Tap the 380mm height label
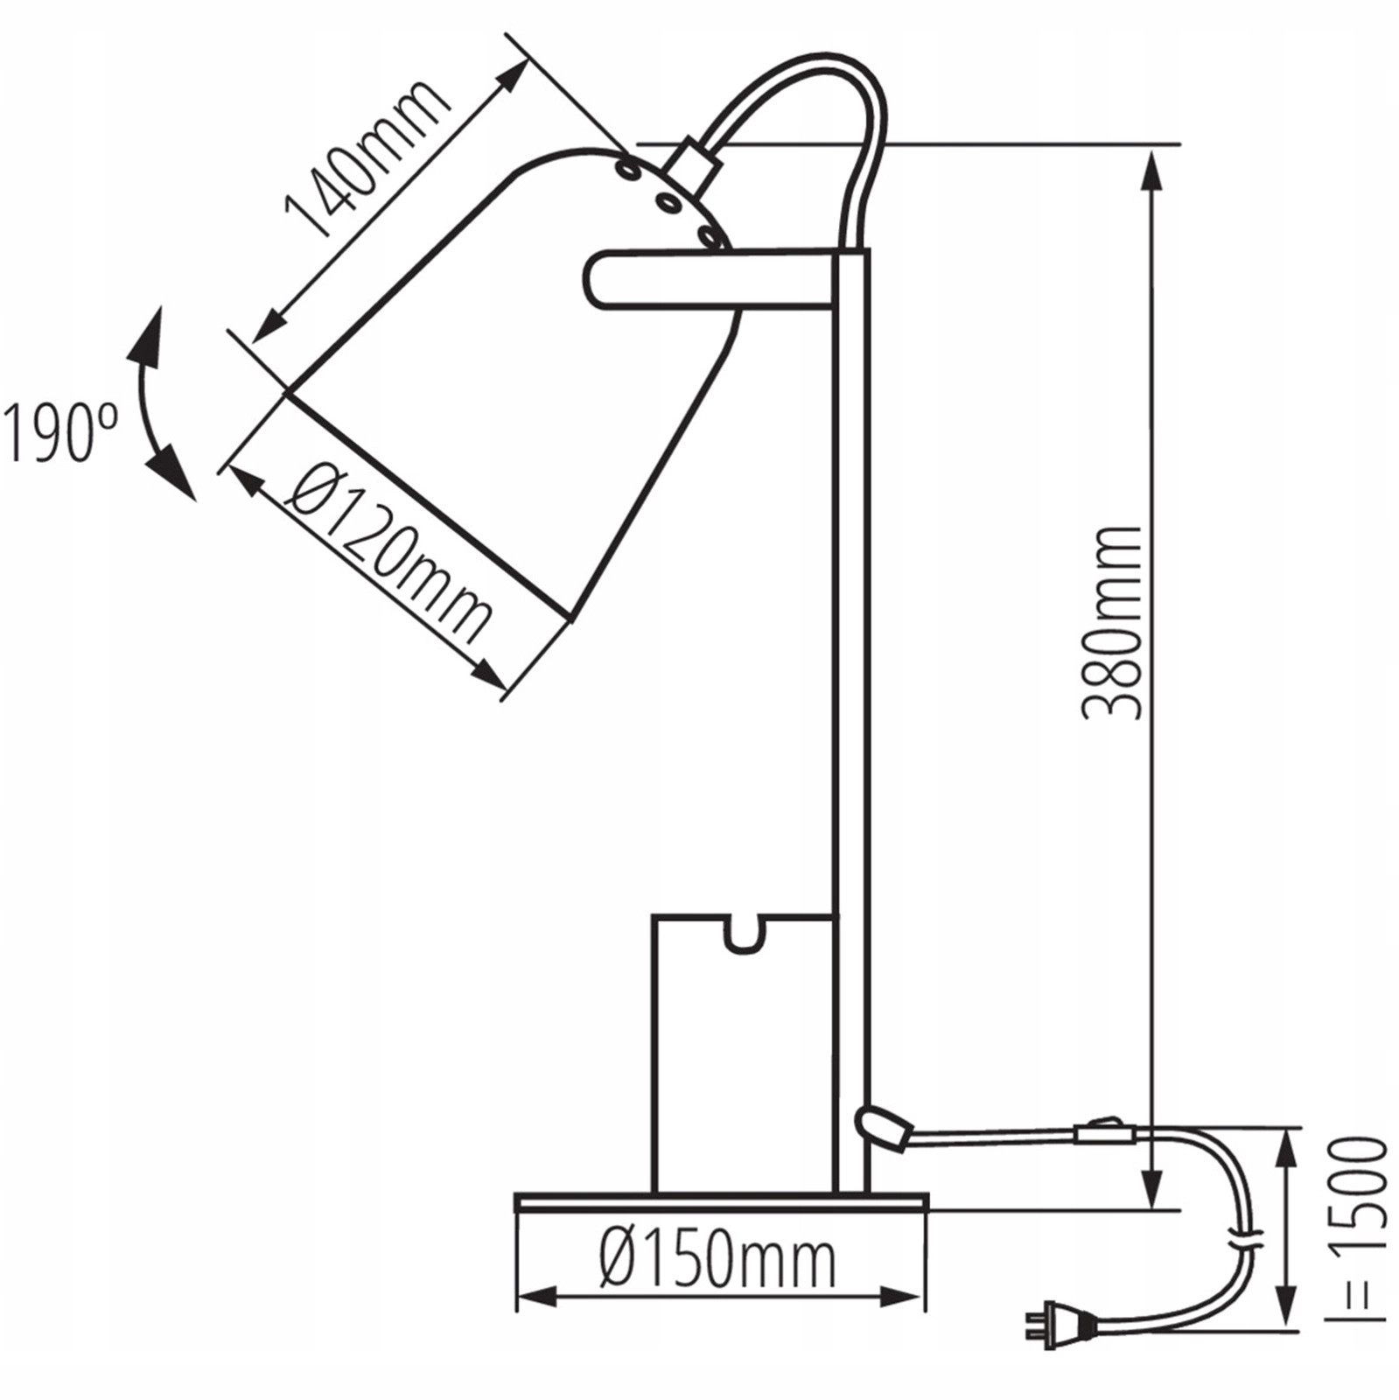coord(1112,623)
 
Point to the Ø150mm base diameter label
coord(718,1260)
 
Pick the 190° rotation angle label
coord(59,432)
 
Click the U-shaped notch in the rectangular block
coord(743,934)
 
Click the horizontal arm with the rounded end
coord(709,279)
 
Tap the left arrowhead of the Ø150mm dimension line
coord(535,1298)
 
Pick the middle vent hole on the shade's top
coord(670,204)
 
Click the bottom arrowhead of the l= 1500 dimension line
coord(1285,1308)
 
